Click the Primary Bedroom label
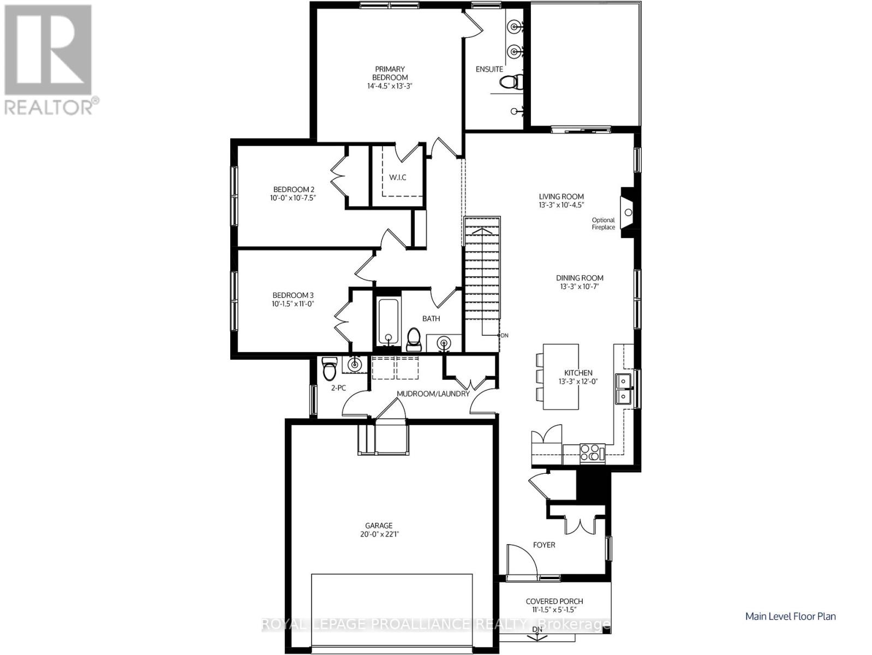click(x=390, y=73)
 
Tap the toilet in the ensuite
click(x=511, y=82)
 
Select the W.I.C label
click(x=397, y=177)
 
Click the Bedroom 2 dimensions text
click(x=293, y=198)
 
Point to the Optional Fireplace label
click(x=604, y=224)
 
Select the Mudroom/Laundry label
click(x=433, y=394)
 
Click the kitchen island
click(x=560, y=377)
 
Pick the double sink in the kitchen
click(x=623, y=388)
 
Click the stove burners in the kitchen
click(x=589, y=452)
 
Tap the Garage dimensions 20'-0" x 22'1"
click(x=379, y=534)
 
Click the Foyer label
click(x=543, y=545)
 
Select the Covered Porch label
click(x=554, y=601)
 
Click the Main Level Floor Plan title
click(x=790, y=616)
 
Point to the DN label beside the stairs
click(x=504, y=335)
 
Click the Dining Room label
click(x=580, y=278)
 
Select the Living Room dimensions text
click(x=562, y=205)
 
